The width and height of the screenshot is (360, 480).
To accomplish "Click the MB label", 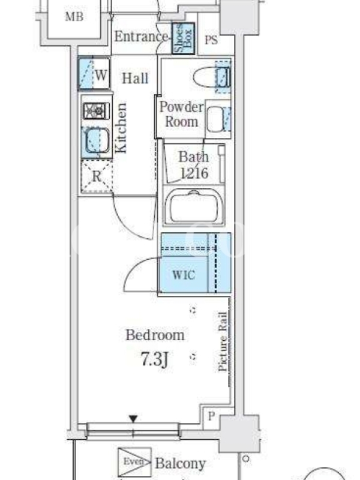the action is point(74,16).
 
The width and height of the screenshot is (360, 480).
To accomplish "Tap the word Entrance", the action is point(141,37).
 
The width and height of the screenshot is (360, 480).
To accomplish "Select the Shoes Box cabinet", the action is point(183,38).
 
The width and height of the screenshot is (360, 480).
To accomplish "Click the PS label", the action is point(211,40).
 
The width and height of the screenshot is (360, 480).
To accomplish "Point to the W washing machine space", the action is point(94,73).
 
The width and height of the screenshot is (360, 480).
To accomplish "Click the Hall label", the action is point(135,79).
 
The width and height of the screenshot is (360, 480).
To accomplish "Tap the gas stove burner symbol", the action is point(97,110).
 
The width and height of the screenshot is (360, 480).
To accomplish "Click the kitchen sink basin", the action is point(97,140).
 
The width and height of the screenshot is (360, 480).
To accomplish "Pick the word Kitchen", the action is point(121,128).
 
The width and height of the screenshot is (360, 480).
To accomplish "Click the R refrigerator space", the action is point(97,176).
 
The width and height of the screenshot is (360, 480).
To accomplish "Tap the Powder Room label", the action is point(181,115).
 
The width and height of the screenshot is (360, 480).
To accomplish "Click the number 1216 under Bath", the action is point(194,173).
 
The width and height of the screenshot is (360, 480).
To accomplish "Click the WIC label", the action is point(184,275).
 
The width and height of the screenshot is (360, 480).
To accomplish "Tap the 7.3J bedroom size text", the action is point(155,359).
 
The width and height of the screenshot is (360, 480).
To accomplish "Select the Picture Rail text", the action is point(223,341).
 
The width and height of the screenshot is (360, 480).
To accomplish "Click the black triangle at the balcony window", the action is point(133,419).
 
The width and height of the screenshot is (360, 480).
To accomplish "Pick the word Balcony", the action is point(181,463).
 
